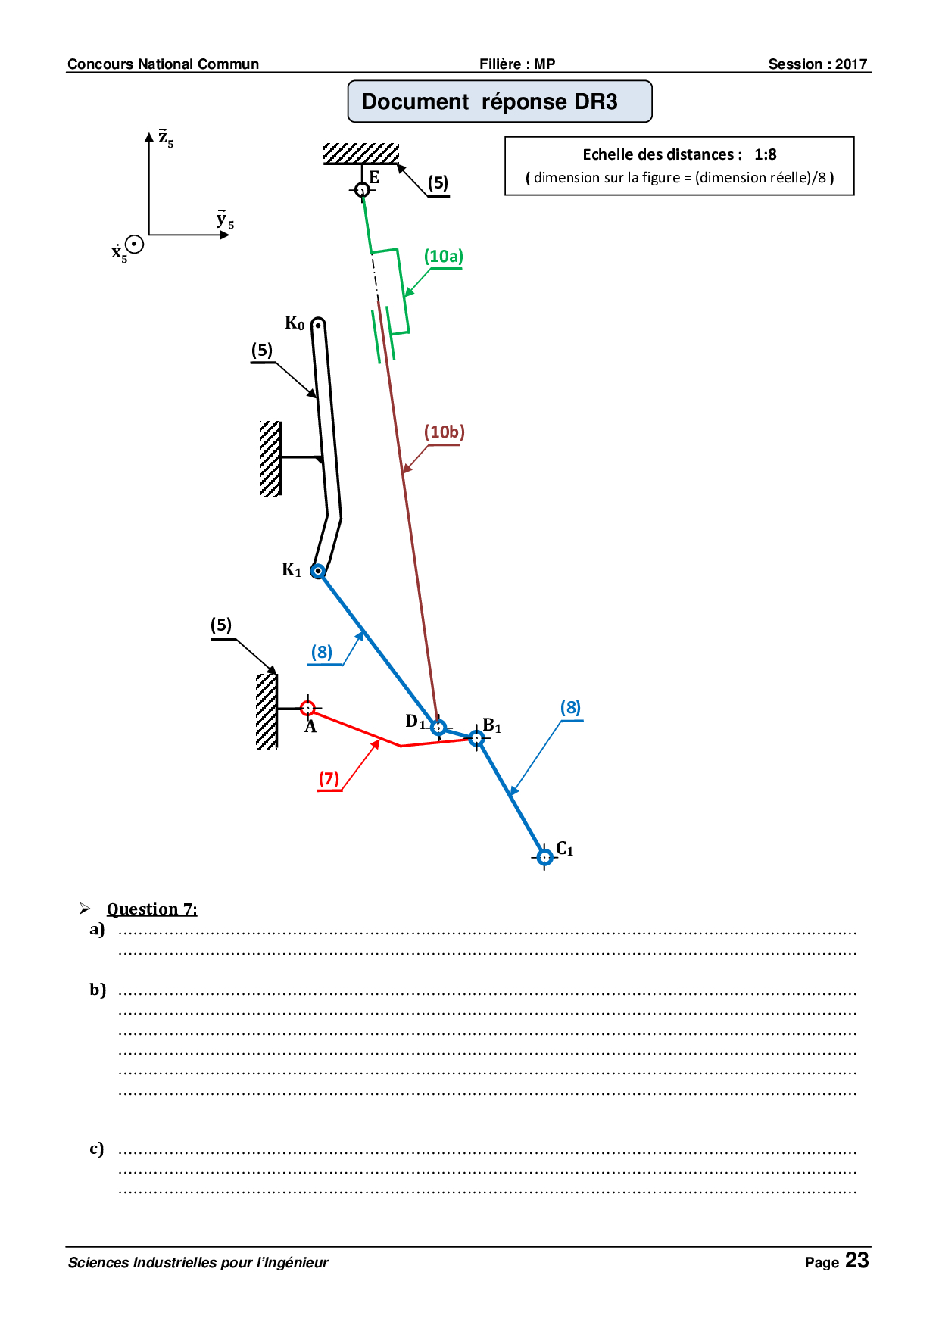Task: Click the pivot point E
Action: tap(362, 189)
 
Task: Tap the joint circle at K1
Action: tap(318, 571)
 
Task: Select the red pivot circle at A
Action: tap(307, 708)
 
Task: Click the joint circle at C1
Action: tap(544, 857)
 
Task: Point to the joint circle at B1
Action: tap(476, 737)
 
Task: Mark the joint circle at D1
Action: tap(438, 727)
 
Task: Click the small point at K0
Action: tap(318, 326)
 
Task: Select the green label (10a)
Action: tap(443, 257)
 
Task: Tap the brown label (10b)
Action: tap(444, 432)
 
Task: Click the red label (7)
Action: tap(329, 778)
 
